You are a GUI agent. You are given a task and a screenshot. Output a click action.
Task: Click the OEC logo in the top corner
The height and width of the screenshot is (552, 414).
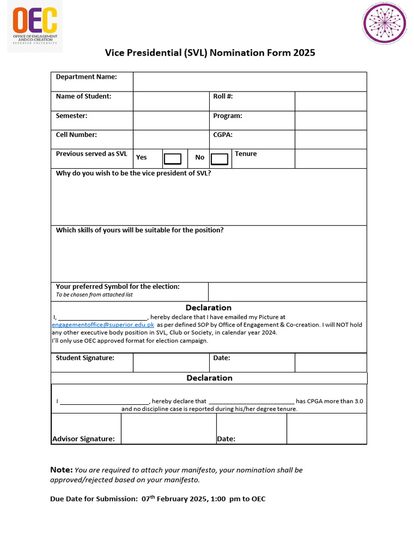(x=35, y=26)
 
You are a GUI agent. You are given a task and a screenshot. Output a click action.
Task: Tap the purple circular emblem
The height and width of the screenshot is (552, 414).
(x=384, y=23)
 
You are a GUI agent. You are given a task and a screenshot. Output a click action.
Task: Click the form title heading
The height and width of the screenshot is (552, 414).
(x=210, y=53)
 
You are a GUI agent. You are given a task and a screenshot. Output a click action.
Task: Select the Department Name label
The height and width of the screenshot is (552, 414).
(x=86, y=77)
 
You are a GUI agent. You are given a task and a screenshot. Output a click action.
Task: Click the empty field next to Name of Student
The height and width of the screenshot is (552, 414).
(x=170, y=101)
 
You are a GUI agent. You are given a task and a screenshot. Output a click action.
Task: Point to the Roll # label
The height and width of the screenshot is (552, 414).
(x=223, y=96)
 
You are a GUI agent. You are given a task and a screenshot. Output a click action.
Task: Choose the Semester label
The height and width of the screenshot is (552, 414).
(x=72, y=116)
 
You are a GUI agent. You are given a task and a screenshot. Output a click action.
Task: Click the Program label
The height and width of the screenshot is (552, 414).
(x=227, y=116)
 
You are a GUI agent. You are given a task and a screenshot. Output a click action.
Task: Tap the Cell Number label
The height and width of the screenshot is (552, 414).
(x=77, y=135)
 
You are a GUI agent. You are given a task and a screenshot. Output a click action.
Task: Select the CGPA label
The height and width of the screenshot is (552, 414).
(x=223, y=135)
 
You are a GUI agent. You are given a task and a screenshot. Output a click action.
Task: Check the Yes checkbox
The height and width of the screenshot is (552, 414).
(x=172, y=158)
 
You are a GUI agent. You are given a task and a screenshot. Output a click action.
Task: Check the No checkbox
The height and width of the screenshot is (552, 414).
(x=219, y=158)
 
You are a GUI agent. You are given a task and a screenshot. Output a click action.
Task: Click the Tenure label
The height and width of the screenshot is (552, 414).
(x=246, y=154)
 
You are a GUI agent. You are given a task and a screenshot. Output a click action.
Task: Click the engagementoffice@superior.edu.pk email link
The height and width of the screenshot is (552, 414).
(x=103, y=325)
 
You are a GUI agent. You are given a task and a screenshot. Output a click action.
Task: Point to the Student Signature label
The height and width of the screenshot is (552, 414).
(x=85, y=358)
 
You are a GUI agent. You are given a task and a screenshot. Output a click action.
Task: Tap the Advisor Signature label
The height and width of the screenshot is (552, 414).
(x=84, y=439)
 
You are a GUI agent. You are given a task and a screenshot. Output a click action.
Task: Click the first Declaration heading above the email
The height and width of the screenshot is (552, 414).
(x=209, y=308)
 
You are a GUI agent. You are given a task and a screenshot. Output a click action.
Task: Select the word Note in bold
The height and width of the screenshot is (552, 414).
(x=61, y=470)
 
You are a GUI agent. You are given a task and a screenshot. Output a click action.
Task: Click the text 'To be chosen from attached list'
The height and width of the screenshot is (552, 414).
(x=94, y=295)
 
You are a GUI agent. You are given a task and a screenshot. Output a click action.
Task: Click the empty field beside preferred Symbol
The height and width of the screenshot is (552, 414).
(x=287, y=292)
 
